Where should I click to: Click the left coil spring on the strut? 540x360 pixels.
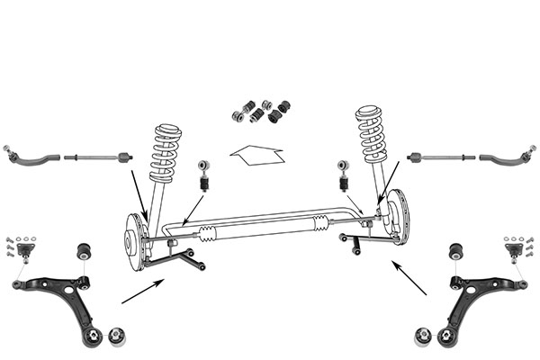(165, 152)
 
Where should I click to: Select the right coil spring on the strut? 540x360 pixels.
(372, 134)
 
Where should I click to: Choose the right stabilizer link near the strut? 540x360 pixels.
(343, 175)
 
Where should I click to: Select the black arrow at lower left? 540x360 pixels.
(142, 291)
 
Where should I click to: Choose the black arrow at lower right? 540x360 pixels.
(409, 278)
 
